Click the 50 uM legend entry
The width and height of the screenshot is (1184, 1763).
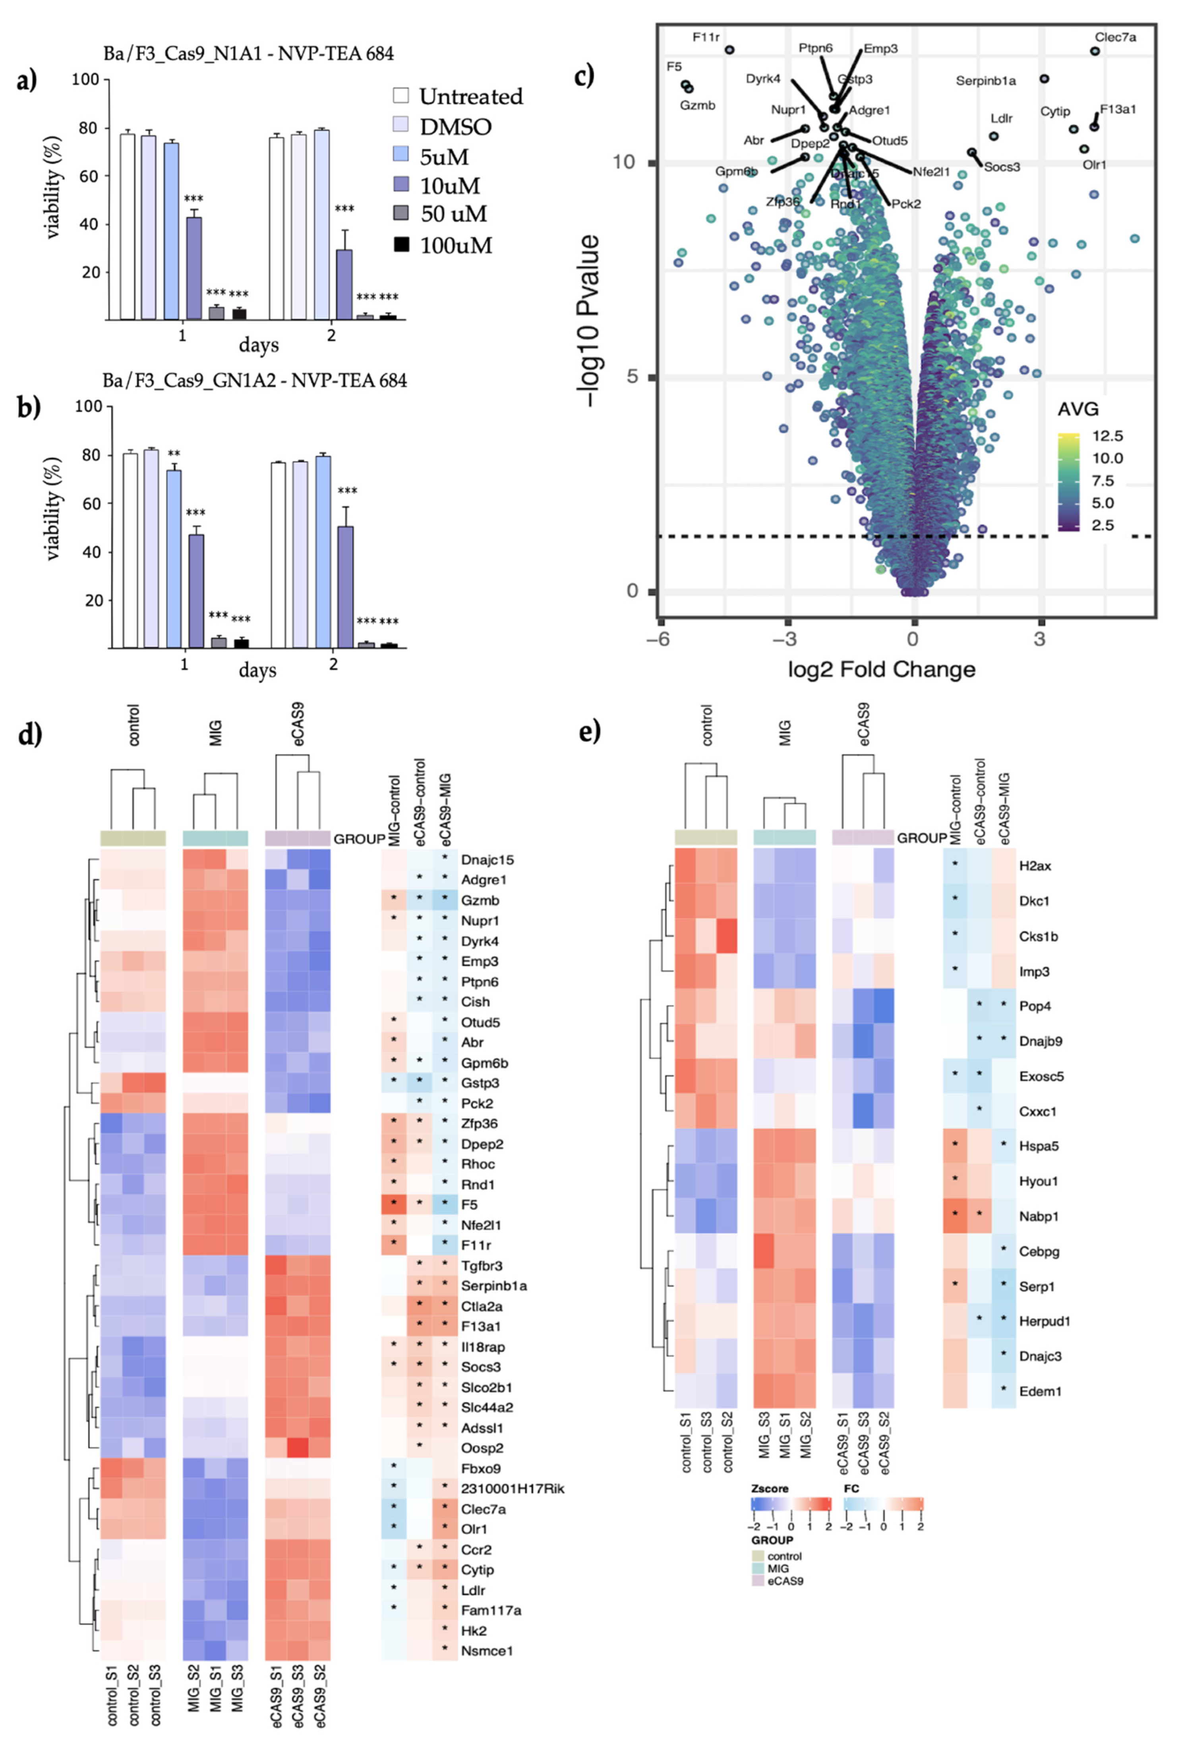click(x=453, y=215)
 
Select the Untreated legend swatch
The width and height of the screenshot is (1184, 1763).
click(x=401, y=96)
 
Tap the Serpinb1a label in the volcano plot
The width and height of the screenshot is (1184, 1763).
click(x=985, y=81)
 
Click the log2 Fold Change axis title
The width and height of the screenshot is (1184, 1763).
click(x=881, y=669)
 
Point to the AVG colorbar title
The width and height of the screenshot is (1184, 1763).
click(x=1078, y=409)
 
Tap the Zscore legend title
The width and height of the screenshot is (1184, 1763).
click(x=770, y=1488)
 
